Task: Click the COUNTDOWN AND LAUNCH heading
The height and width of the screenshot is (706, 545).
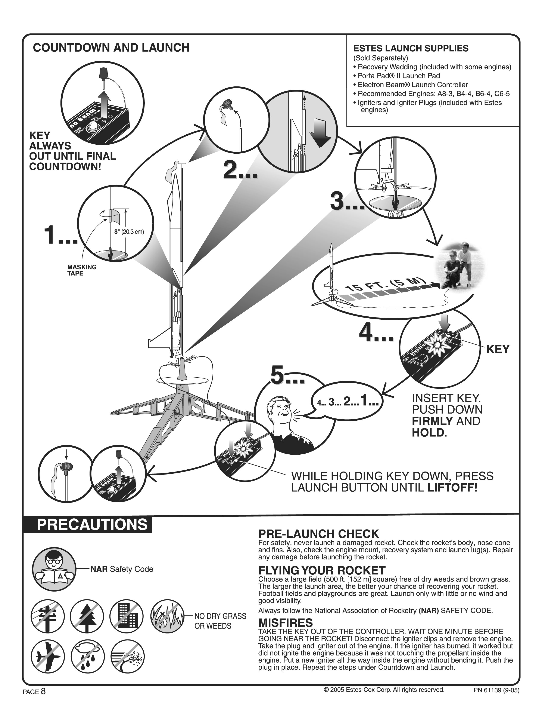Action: (x=111, y=48)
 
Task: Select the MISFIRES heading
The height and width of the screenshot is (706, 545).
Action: (x=285, y=622)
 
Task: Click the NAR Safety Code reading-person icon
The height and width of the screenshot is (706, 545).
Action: (x=54, y=570)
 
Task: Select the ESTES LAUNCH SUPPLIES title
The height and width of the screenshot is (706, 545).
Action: (x=411, y=49)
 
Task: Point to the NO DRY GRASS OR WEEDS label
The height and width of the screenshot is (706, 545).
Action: (x=220, y=621)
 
